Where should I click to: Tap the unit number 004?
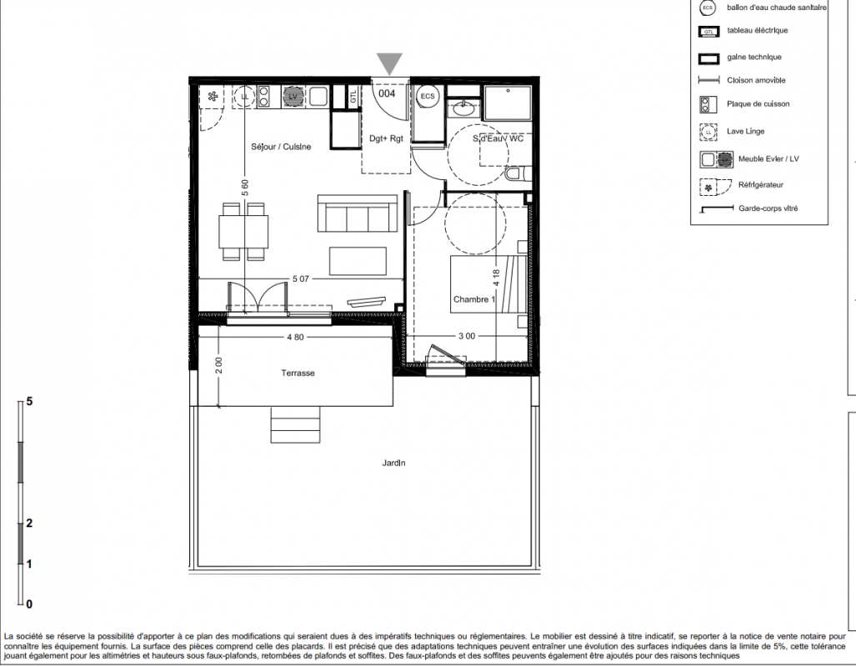pyautogui.click(x=387, y=93)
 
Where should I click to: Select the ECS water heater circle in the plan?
pyautogui.click(x=428, y=97)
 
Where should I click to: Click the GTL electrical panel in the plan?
pyautogui.click(x=353, y=98)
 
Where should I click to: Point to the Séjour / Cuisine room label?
pyautogui.click(x=281, y=147)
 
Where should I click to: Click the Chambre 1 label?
pyautogui.click(x=474, y=299)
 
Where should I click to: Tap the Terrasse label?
pyautogui.click(x=298, y=374)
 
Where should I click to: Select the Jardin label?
pyautogui.click(x=393, y=463)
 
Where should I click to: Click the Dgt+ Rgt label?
pyautogui.click(x=386, y=138)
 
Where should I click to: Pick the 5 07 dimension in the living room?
pyautogui.click(x=301, y=278)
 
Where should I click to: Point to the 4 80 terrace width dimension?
pyautogui.click(x=295, y=337)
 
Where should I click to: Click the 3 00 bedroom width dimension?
pyautogui.click(x=467, y=336)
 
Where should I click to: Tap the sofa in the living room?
pyautogui.click(x=358, y=213)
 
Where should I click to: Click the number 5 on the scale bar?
pyautogui.click(x=29, y=402)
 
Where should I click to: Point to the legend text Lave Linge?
pyautogui.click(x=746, y=131)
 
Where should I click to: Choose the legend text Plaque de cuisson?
pyautogui.click(x=758, y=103)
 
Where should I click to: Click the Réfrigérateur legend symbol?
pyautogui.click(x=715, y=187)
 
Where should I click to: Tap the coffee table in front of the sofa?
pyautogui.click(x=358, y=261)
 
